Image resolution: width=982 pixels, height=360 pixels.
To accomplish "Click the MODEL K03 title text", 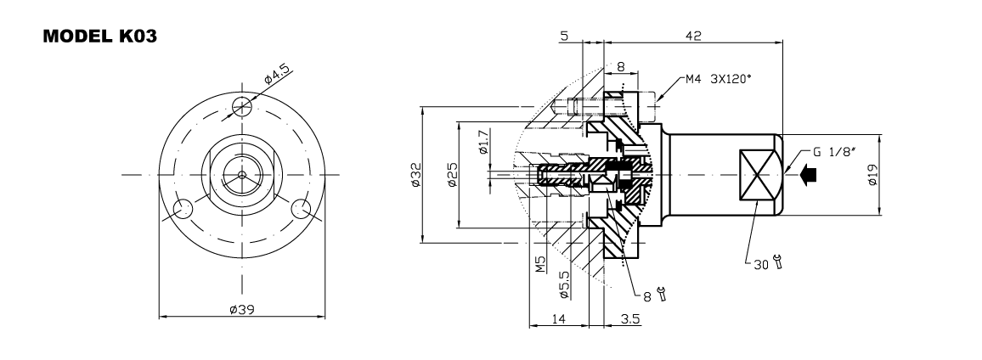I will click(99, 39).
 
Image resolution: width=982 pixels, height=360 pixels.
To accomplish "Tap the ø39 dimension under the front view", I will click(242, 310).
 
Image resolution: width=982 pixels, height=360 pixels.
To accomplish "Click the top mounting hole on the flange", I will click(243, 106).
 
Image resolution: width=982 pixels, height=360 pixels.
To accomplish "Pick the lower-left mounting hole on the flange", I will click(182, 208).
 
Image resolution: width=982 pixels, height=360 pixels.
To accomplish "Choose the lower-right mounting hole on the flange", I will click(302, 208).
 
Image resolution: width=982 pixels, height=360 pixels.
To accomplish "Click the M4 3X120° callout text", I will click(719, 82).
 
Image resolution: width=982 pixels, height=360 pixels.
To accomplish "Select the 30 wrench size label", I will click(760, 264).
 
